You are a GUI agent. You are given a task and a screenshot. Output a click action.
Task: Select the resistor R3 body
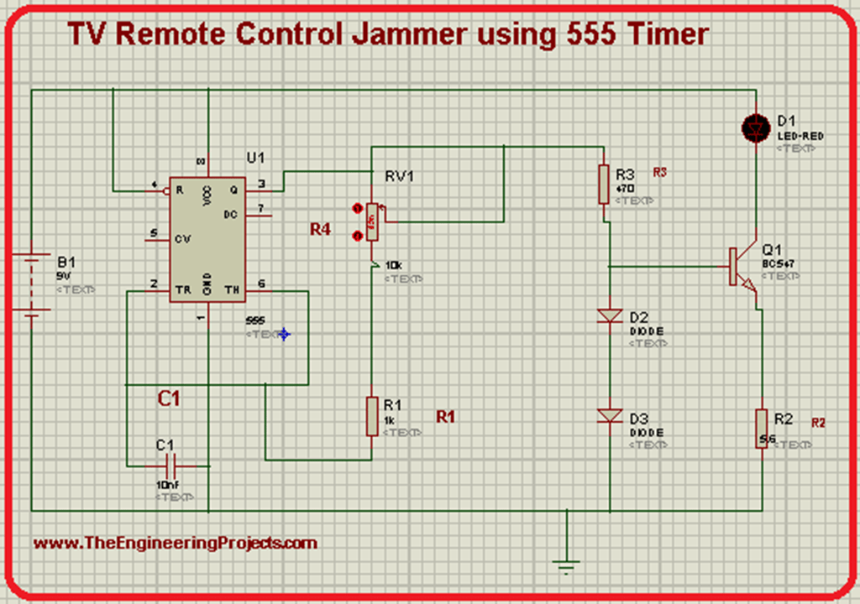coord(603,184)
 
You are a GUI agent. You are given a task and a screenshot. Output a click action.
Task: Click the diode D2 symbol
coord(609,316)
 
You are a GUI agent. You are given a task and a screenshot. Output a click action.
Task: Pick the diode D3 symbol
coord(609,415)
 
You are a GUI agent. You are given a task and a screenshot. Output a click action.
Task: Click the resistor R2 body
coord(761,428)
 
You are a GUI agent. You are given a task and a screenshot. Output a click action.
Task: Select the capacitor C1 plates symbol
coord(172,464)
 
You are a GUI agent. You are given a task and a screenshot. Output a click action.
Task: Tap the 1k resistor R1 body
coord(372,416)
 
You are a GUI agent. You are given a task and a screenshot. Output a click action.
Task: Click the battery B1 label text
coord(65,260)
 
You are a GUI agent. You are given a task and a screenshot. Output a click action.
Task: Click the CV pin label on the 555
coord(182,238)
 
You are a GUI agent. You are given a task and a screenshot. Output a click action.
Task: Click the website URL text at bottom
coord(175,543)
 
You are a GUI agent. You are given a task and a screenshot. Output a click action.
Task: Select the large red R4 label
coord(320,229)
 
